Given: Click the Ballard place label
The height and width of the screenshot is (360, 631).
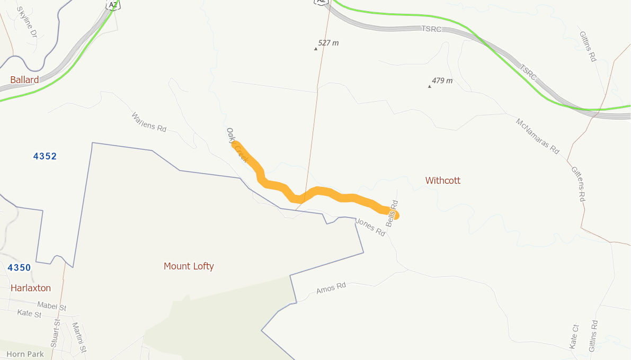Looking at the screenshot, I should [x=24, y=80].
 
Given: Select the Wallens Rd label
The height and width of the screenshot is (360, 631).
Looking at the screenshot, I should [x=148, y=122].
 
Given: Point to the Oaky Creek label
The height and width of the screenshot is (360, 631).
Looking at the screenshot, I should [x=237, y=145].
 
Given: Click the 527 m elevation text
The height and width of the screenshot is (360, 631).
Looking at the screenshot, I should [x=328, y=43].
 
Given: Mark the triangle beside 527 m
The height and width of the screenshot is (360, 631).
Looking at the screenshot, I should [x=316, y=49].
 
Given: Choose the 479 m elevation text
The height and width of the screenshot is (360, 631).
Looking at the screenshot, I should [x=442, y=81].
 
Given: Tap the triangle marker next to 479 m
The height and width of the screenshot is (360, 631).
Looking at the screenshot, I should [x=429, y=86].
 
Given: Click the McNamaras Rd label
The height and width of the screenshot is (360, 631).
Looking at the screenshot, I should [x=537, y=136].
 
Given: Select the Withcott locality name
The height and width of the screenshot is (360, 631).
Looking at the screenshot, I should [x=443, y=181].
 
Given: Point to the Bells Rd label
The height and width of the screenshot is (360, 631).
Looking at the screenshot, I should [x=392, y=213].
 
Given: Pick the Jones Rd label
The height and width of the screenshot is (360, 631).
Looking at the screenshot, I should [x=370, y=227].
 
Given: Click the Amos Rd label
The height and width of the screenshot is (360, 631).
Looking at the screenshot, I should [x=331, y=289].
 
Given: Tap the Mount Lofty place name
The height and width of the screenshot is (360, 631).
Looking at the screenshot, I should [x=189, y=266].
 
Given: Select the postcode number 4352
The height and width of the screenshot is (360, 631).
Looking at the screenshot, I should [x=45, y=156].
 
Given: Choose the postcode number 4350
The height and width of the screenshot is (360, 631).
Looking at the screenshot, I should [x=19, y=268].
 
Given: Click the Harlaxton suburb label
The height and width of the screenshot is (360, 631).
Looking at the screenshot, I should [x=31, y=288].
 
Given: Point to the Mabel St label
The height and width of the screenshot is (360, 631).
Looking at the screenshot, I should [x=51, y=306].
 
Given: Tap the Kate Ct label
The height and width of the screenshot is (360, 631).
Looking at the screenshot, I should [x=574, y=337].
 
